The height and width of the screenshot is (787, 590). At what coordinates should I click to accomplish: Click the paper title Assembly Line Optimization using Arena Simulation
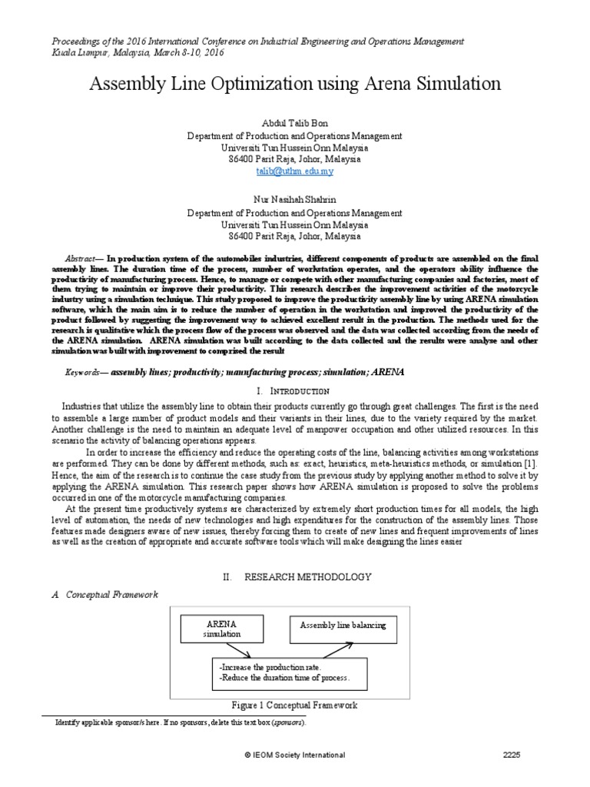295,83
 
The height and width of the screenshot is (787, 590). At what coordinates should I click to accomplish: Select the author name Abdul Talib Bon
295,123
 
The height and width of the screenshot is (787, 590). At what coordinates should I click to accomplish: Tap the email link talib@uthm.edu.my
295,171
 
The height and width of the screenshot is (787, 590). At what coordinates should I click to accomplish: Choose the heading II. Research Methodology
295,576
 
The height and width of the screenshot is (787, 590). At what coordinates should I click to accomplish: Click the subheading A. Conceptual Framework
100,594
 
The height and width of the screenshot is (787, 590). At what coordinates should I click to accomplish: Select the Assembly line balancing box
343,626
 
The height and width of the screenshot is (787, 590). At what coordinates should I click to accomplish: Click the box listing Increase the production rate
288,673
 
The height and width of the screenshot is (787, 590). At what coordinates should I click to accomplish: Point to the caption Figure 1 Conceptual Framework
295,705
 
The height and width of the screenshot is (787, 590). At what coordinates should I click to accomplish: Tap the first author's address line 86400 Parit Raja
295,159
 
